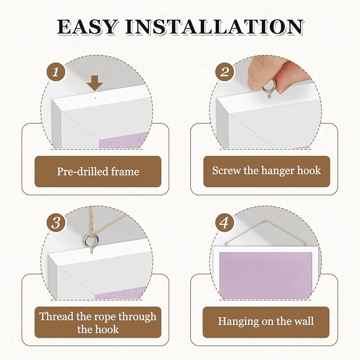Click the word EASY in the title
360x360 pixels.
pyautogui.click(x=87, y=27)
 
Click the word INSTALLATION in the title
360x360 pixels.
pyautogui.click(x=214, y=27)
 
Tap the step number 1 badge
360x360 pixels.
pyautogui.click(x=56, y=72)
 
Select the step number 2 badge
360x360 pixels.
pyautogui.click(x=225, y=72)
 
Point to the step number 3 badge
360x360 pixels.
pyautogui.click(x=56, y=223)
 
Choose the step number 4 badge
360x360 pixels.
pyautogui.click(x=225, y=223)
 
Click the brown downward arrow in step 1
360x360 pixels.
pyautogui.click(x=94, y=83)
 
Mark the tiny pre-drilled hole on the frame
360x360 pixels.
pyautogui.click(x=96, y=98)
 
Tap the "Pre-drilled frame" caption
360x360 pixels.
pyautogui.click(x=98, y=171)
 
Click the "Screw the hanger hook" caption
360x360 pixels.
pyautogui.click(x=266, y=171)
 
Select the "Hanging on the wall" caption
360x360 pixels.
pyautogui.click(x=266, y=321)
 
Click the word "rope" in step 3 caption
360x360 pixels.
pyautogui.click(x=105, y=317)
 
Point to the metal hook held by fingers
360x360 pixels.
pyautogui.click(x=269, y=89)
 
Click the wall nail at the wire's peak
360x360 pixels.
pyautogui.click(x=266, y=221)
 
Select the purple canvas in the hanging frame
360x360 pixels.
pyautogui.click(x=266, y=275)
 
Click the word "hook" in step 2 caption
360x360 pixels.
pyautogui.click(x=309, y=171)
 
